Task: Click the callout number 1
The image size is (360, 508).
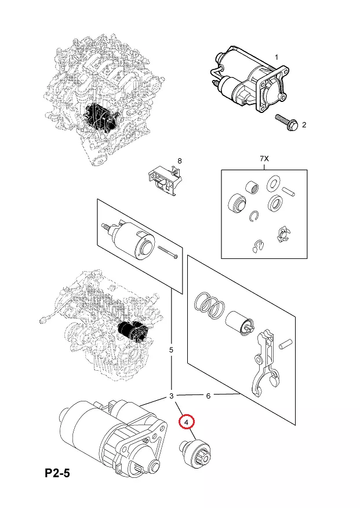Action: pyautogui.click(x=277, y=57)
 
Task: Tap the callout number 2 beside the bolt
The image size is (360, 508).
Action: pyautogui.click(x=304, y=125)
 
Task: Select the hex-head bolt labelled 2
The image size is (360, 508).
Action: pyautogui.click(x=286, y=122)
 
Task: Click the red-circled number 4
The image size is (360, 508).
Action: pyautogui.click(x=187, y=422)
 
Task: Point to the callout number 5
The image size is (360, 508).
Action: pyautogui.click(x=171, y=350)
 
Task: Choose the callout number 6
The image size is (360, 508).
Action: pyautogui.click(x=208, y=396)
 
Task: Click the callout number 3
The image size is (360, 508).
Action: pyautogui.click(x=171, y=396)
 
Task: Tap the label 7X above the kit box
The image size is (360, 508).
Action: pyautogui.click(x=264, y=159)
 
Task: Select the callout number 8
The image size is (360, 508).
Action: pyautogui.click(x=180, y=160)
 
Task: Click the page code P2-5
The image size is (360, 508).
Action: pyautogui.click(x=57, y=473)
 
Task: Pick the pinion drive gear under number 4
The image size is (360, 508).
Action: pyautogui.click(x=195, y=452)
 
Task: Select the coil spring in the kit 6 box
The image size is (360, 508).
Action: pyautogui.click(x=209, y=305)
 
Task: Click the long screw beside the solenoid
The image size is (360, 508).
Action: pyautogui.click(x=168, y=252)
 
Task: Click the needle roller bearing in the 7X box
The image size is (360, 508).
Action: pyautogui.click(x=252, y=187)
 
